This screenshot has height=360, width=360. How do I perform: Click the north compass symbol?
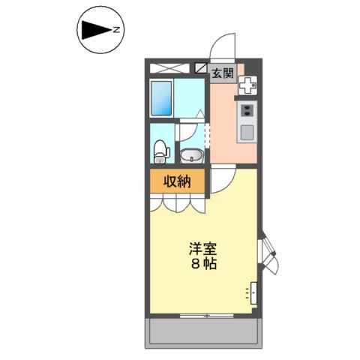[x=99, y=31]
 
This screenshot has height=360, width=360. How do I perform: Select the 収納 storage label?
[x=178, y=181]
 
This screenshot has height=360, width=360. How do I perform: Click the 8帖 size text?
[x=202, y=265]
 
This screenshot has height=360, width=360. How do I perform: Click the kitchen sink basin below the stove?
[x=247, y=132]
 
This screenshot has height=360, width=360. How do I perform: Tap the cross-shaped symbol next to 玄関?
[x=247, y=85]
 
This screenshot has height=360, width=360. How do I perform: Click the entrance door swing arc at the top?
[x=223, y=46]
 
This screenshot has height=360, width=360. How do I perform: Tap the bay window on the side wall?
[x=267, y=254]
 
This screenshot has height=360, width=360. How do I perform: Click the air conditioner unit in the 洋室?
[x=253, y=291]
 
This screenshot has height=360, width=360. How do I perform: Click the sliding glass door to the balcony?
[x=202, y=314]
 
